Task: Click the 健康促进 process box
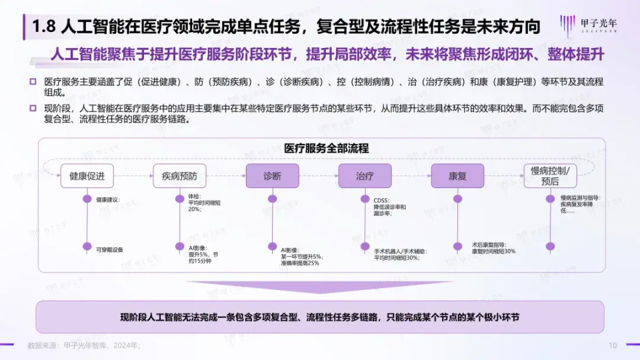pos(87,176)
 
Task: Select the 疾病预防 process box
pos(179,176)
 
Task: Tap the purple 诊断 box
pos(272,176)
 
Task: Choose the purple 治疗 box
pos(364,176)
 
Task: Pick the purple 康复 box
pos(457,176)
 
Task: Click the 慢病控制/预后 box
pos(549,176)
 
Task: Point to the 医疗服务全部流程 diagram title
pos(327,148)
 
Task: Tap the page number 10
pos(613,345)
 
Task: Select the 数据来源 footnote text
pos(83,345)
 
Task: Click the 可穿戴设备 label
pos(109,249)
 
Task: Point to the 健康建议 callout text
pos(107,199)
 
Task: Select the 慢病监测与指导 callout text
pos(580,198)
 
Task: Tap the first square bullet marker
pos(33,81)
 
